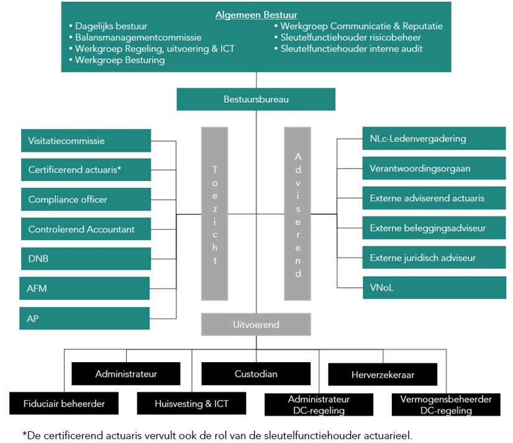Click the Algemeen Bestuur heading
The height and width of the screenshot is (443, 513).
(256, 15)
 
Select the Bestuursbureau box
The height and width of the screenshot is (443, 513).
(256, 99)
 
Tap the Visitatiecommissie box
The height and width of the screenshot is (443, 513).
(86, 141)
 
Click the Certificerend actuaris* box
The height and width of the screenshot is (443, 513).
(86, 169)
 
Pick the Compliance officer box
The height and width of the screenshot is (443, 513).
(86, 199)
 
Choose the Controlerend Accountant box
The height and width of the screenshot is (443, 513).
(86, 229)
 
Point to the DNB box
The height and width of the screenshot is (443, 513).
(86, 258)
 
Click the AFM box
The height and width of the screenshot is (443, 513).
(84, 288)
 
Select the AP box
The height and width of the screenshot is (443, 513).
(84, 318)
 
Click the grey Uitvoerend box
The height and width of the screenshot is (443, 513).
(256, 324)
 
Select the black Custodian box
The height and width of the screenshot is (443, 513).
(256, 374)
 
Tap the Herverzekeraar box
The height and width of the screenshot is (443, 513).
(383, 375)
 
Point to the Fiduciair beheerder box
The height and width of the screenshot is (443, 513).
(65, 403)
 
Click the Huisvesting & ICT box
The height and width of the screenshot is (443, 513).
(191, 404)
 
